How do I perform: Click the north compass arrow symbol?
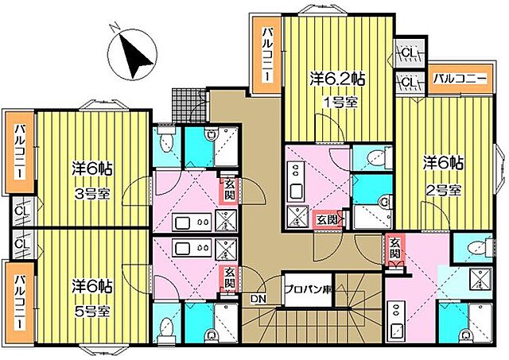pos(134,55)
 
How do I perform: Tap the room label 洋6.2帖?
pos(337,79)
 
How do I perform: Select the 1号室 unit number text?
pos(341,103)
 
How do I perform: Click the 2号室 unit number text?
pos(445,191)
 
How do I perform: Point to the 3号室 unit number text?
pos(93,194)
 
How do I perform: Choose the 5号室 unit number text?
pos(93,312)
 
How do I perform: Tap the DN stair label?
pos(258,299)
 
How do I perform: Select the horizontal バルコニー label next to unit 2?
pos(461,79)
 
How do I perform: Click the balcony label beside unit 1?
pos(267,55)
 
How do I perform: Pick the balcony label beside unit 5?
pos(20,302)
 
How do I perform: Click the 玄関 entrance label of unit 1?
pos(327,220)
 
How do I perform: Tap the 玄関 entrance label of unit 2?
pos(394,248)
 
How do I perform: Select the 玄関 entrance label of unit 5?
pos(230,277)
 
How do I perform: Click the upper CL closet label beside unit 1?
pos(409,53)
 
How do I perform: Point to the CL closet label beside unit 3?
pos(23,211)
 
